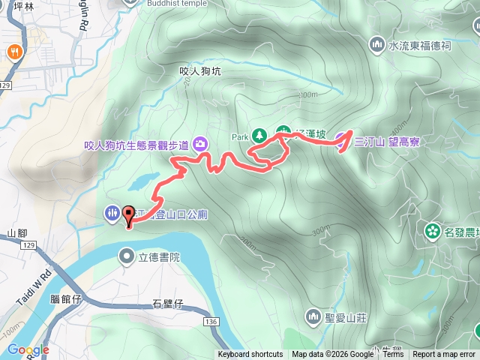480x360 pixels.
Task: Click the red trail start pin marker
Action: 127,215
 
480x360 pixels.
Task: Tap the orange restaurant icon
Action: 14,52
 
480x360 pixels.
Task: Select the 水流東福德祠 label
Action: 419,45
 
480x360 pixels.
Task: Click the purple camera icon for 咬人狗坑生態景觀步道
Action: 200,143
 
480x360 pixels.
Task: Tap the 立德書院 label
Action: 159,257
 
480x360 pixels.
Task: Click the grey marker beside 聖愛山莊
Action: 313,316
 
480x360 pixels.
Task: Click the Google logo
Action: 28,349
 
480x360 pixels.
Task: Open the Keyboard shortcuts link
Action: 250,354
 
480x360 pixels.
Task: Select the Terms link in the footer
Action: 393,354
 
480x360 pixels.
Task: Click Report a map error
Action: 444,354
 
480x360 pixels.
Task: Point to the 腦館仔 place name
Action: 65,298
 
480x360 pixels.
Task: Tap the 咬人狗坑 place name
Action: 200,71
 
